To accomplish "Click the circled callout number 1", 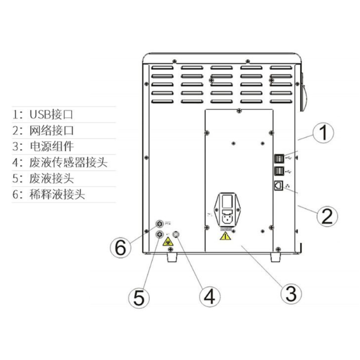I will point(323,134).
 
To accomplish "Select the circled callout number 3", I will point(291,294).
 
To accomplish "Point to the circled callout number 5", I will point(139,297).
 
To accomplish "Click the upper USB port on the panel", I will point(279,158).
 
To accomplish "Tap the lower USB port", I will point(279,171).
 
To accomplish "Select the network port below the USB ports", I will point(278,184).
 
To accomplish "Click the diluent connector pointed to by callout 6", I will point(159,224).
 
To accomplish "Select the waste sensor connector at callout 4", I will point(176,234).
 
